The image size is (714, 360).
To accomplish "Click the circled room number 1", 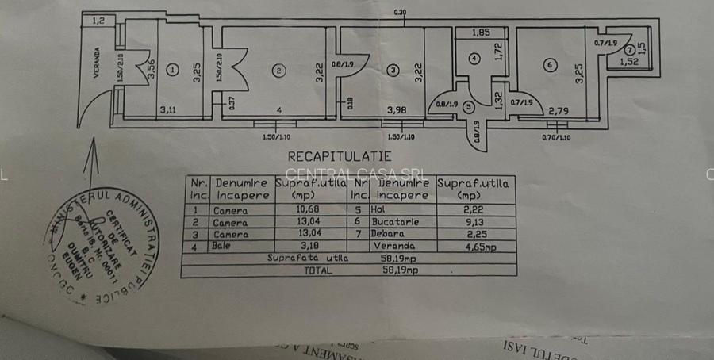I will (173, 70).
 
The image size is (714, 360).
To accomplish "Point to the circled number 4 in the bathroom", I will (474, 58).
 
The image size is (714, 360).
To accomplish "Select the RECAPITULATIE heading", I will (339, 157).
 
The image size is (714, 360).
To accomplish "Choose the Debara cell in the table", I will (389, 234).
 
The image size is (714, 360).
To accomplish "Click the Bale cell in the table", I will (222, 246).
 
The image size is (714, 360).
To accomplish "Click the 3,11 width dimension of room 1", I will (167, 110).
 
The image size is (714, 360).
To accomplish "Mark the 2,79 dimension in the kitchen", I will (558, 111).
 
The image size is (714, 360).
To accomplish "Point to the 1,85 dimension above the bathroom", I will (480, 33).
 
